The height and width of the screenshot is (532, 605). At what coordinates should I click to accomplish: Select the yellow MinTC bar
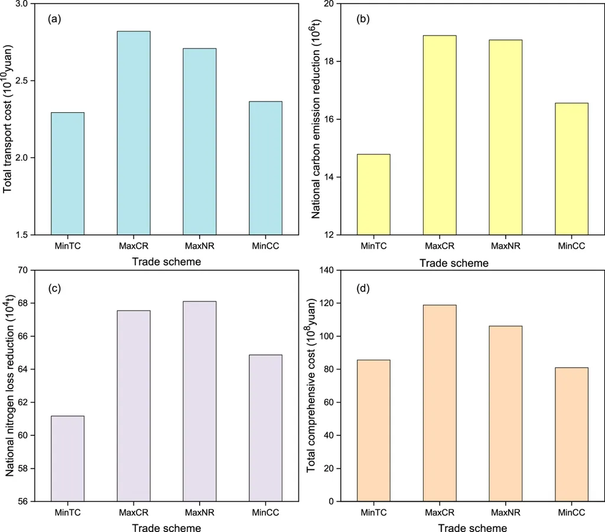(373, 194)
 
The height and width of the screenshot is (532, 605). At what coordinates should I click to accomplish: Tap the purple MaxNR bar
(200, 401)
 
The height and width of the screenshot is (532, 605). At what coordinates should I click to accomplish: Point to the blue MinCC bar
(265, 168)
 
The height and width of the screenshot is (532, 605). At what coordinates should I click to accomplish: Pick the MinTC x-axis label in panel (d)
(373, 513)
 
